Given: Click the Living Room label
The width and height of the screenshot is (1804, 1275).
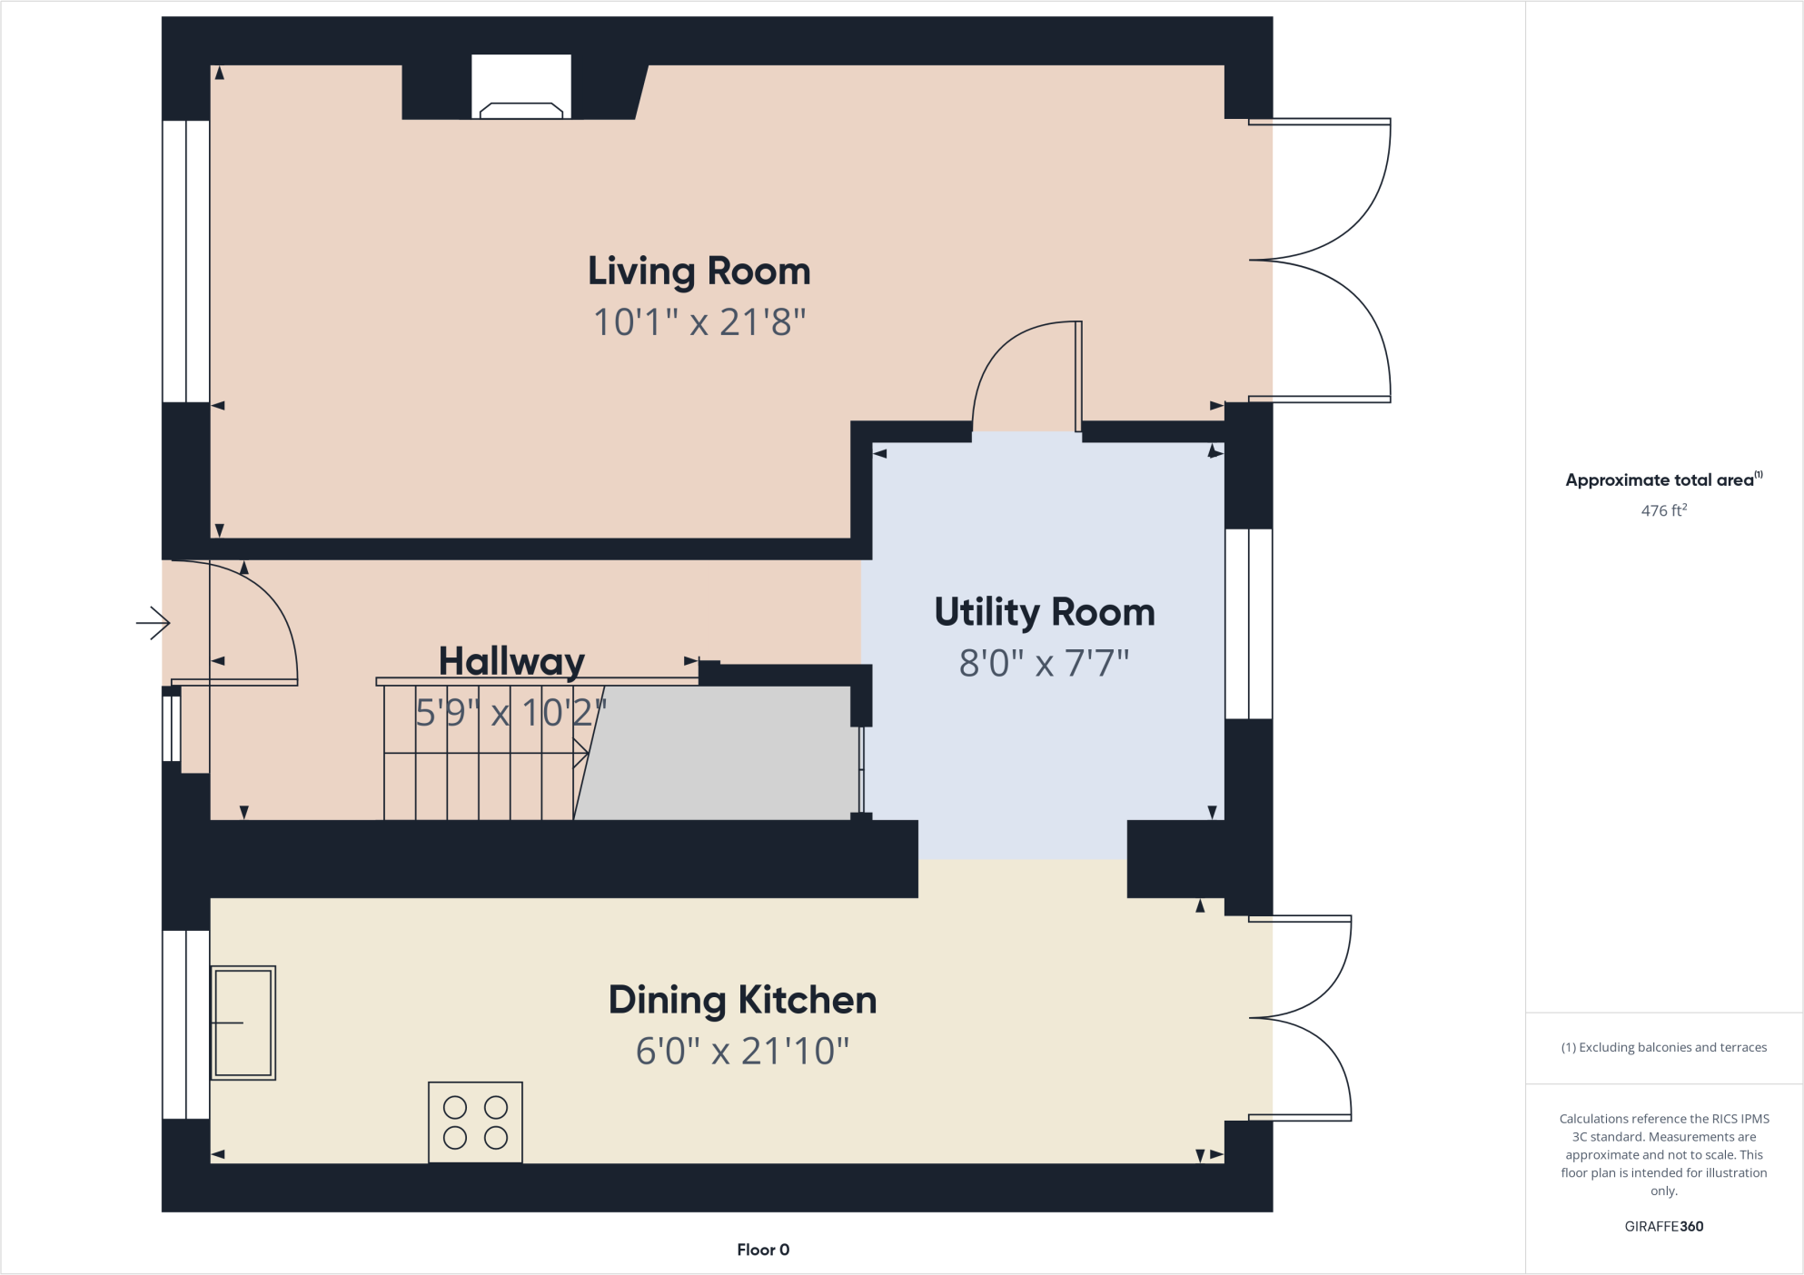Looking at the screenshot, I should [699, 272].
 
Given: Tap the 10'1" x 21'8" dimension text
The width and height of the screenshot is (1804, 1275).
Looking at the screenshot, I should [699, 322].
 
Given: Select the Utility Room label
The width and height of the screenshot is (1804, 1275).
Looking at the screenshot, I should [1045, 613].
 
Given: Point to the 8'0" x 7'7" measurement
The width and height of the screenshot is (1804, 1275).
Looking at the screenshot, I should [1045, 664].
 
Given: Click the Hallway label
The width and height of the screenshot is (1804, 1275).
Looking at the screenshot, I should [511, 661].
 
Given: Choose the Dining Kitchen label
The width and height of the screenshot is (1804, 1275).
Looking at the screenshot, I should [742, 1001].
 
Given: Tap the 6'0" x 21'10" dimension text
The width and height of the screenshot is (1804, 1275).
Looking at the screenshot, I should [742, 1052].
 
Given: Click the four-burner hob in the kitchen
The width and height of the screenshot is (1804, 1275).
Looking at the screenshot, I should [475, 1122].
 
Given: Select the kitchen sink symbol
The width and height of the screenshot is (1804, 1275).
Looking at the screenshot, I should [243, 1023].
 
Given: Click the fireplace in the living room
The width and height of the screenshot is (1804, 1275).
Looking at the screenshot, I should [521, 88].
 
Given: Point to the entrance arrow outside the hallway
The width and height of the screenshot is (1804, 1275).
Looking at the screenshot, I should [154, 623].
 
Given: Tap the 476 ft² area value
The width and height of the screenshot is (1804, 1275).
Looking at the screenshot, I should [1663, 510].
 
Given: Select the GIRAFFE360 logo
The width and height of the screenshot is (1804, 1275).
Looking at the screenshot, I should [1663, 1226].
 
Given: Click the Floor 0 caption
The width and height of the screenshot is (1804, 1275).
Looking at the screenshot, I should [763, 1250].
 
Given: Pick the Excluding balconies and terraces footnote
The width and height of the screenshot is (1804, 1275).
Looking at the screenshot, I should [1663, 1047].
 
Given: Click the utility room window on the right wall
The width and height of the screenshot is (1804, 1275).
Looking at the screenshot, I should [1248, 624].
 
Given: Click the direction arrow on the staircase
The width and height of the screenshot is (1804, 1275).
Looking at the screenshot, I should [579, 753].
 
